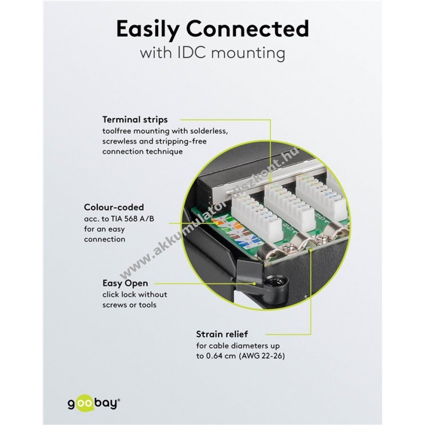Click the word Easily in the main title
click(147, 30)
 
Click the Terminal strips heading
click(135, 119)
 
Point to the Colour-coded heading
click(114, 207)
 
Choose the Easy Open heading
click(125, 283)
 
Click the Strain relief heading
click(221, 334)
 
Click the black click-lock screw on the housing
click(272, 285)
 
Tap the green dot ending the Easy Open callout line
click(255, 284)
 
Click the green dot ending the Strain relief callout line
click(311, 253)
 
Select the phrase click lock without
click(135, 294)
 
